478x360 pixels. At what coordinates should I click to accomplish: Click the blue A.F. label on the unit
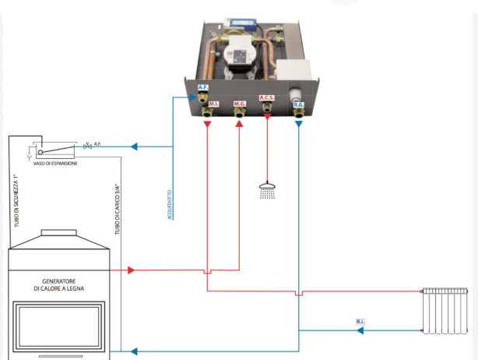click(203, 88)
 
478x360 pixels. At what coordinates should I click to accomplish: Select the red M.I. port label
click(213, 102)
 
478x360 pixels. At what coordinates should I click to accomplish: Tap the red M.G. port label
click(239, 102)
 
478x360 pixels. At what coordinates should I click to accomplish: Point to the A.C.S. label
click(267, 99)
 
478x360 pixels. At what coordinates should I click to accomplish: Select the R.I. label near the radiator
click(360, 321)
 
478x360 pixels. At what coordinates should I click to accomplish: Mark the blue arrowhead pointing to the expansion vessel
click(134, 146)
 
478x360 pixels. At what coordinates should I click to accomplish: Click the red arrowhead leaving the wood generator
click(131, 270)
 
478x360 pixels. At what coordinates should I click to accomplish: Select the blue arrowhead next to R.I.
click(360, 330)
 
